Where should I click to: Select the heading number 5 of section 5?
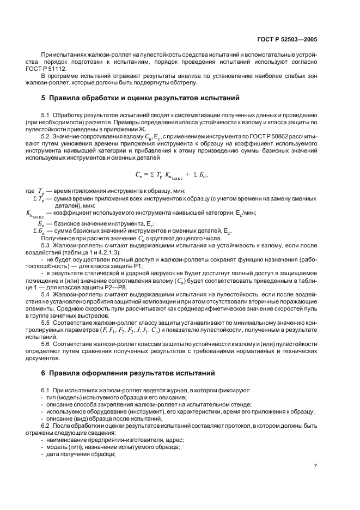[44, 99]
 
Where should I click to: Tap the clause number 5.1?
[45, 115]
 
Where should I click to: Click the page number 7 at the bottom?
[315, 465]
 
